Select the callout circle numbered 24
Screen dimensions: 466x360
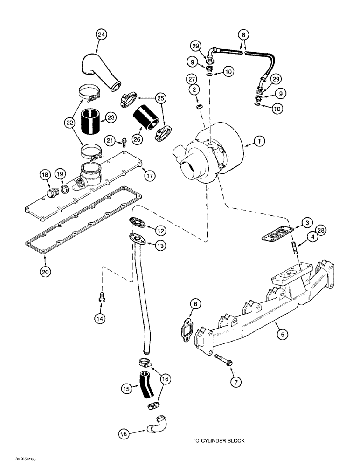pyautogui.click(x=102, y=34)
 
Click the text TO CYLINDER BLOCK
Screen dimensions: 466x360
pyautogui.click(x=218, y=440)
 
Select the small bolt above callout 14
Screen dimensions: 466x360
pyautogui.click(x=101, y=296)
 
